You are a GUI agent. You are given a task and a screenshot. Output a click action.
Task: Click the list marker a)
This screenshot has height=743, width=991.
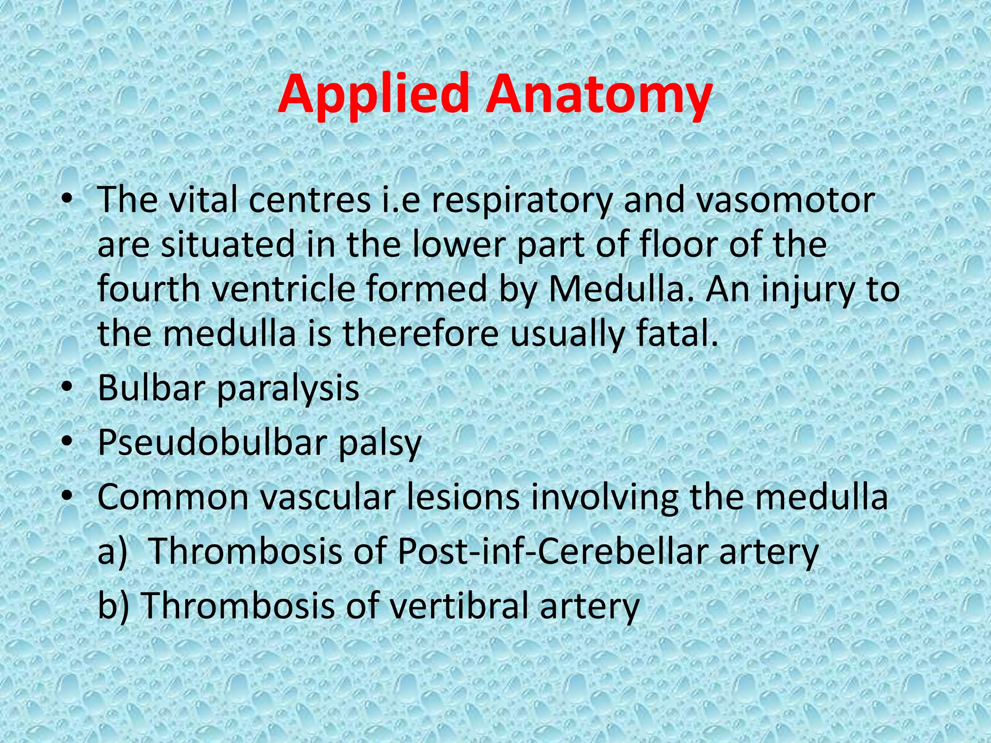coord(112,552)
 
